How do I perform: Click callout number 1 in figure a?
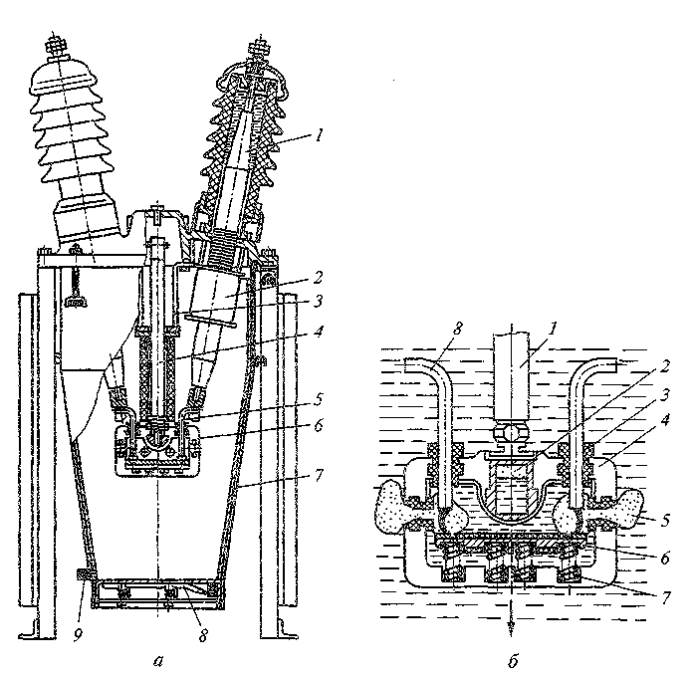(x=319, y=135)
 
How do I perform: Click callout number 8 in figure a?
(x=203, y=636)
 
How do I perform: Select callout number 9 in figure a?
(x=78, y=636)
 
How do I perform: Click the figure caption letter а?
(x=158, y=661)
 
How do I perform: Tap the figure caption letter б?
(x=513, y=660)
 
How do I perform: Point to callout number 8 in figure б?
(x=457, y=328)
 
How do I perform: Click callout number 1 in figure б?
(x=553, y=328)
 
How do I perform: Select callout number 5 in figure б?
(x=666, y=520)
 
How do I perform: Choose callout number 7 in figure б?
(x=665, y=598)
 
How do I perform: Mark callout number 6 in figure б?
(x=665, y=559)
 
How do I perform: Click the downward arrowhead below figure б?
(x=512, y=625)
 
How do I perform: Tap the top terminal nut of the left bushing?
(x=55, y=46)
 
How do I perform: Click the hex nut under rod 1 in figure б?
(x=511, y=431)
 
